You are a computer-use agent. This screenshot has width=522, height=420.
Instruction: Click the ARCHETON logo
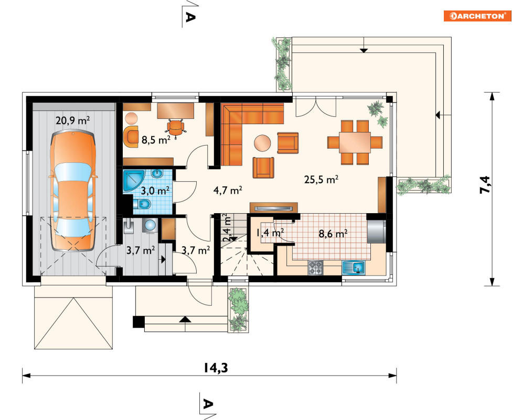[477, 16]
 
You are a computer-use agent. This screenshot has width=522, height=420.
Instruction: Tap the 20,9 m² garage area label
[72, 120]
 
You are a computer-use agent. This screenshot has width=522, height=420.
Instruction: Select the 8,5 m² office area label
[156, 140]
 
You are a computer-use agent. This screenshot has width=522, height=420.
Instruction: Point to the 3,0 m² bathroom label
[155, 191]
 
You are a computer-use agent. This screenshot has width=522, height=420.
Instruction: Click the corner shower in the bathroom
[133, 181]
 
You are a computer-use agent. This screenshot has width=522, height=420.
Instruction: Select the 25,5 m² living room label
[321, 180]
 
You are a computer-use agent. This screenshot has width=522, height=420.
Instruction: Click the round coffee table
[263, 143]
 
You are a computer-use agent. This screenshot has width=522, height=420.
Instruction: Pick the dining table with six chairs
[355, 142]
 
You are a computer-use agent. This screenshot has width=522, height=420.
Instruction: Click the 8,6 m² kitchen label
[333, 234]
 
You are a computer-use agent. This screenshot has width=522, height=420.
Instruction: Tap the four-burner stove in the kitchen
[316, 268]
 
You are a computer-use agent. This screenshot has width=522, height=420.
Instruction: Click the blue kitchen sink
[354, 268]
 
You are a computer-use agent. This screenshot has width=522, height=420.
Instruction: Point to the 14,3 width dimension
[216, 368]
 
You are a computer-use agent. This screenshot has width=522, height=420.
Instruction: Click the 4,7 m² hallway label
[228, 191]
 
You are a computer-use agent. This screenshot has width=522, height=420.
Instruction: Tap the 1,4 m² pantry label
[270, 233]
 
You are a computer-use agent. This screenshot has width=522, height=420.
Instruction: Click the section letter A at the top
[190, 17]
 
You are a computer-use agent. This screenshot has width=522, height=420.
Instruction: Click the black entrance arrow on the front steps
[185, 319]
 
